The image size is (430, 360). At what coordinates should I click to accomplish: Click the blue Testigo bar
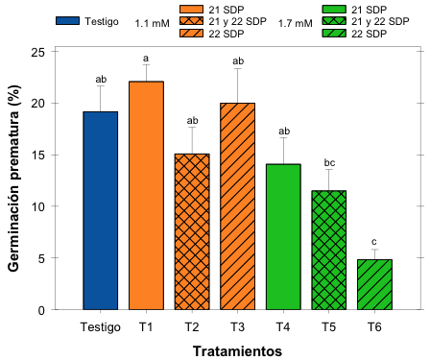click(100, 211)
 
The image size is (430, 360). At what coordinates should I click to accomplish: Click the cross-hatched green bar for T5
click(328, 251)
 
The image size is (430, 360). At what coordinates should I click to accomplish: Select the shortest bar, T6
click(373, 284)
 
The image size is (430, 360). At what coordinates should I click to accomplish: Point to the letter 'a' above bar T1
click(146, 57)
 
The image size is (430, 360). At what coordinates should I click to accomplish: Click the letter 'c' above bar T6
click(373, 241)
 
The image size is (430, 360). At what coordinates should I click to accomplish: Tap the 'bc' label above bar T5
click(328, 161)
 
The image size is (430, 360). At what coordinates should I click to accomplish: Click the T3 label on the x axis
click(237, 326)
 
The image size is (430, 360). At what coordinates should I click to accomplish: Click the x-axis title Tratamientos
click(237, 350)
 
